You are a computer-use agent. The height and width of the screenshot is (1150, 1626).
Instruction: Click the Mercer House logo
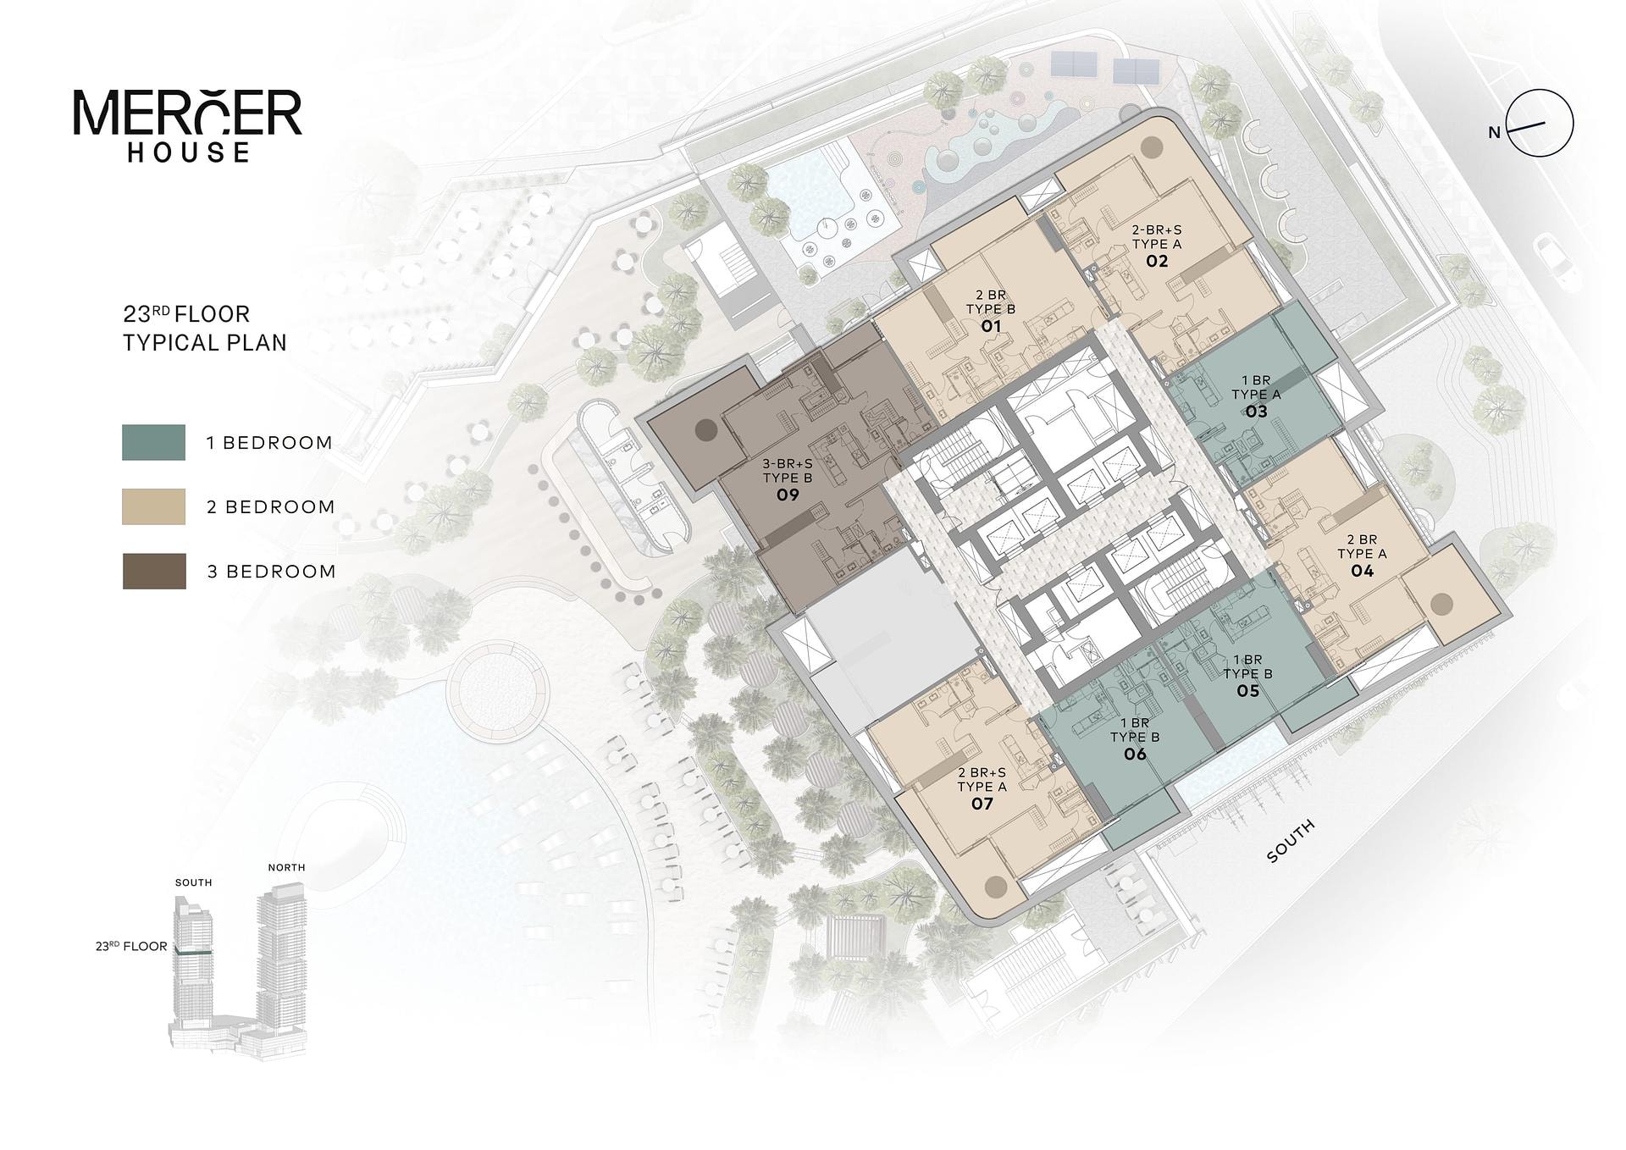[x=187, y=125]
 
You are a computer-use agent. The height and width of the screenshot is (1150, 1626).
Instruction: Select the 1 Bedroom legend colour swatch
[x=153, y=442]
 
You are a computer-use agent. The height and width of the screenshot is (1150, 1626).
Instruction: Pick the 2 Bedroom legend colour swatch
[x=153, y=506]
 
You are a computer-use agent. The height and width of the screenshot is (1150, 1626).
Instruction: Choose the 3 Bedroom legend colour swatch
[x=154, y=571]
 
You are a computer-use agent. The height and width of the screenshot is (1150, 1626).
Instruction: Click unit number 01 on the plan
[x=991, y=326]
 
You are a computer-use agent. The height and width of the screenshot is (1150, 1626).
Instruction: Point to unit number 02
[x=1157, y=261]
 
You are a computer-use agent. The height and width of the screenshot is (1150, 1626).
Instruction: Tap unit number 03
[x=1256, y=412]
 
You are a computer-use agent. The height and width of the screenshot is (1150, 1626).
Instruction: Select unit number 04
[x=1362, y=571]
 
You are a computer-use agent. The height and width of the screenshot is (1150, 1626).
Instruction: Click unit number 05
[x=1247, y=691]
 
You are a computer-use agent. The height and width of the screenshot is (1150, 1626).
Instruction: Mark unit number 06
[x=1135, y=754]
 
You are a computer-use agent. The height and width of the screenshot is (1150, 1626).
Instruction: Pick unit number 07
[x=982, y=803]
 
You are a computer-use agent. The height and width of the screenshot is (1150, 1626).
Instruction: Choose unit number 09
[x=788, y=495]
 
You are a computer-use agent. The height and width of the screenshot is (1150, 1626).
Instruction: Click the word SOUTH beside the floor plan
[x=1291, y=841]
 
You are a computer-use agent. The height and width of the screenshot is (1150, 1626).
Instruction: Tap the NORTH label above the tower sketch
[x=286, y=867]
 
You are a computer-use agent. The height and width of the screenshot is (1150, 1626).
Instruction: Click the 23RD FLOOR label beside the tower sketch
[x=131, y=946]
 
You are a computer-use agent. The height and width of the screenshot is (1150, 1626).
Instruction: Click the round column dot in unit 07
[x=996, y=887]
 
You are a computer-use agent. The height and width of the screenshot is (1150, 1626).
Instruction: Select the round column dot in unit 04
[x=1441, y=604]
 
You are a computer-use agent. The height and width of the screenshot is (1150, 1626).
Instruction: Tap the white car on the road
[x=1554, y=261]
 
